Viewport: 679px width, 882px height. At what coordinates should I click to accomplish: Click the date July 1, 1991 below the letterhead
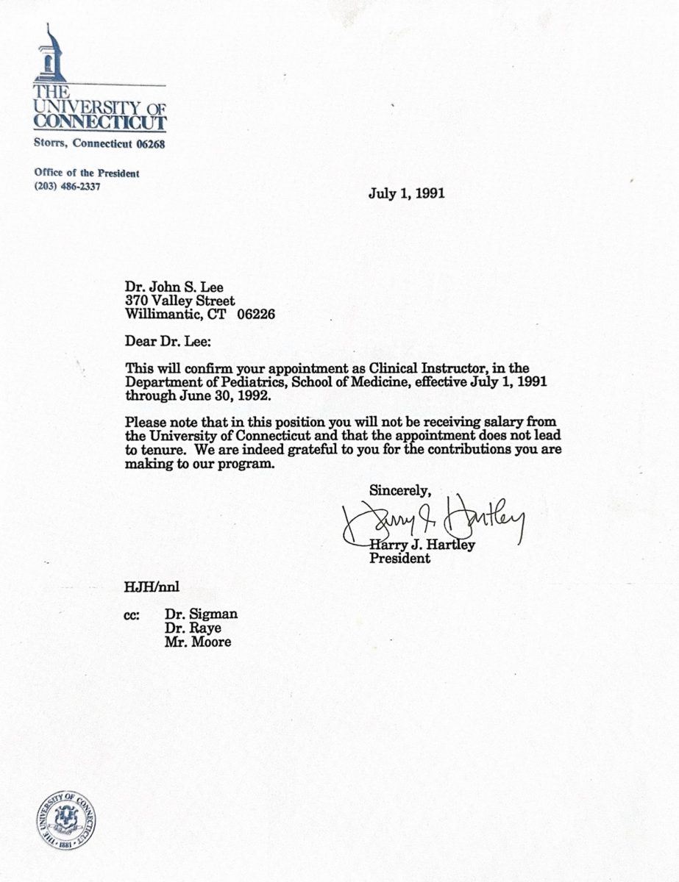tap(405, 194)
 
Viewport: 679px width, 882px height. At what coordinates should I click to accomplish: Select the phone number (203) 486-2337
tap(67, 186)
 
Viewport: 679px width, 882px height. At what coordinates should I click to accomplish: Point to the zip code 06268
tap(149, 144)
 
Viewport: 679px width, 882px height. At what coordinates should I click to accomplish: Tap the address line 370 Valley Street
tap(180, 301)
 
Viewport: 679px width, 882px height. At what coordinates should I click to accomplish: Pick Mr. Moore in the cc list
tap(198, 642)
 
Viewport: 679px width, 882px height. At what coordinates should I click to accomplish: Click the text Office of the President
tap(87, 173)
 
